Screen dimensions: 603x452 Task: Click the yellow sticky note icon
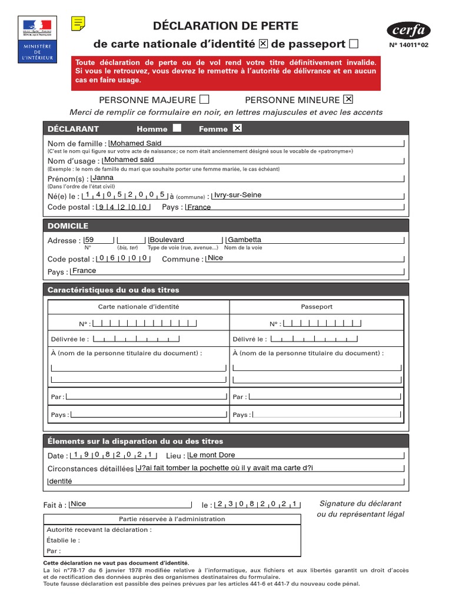click(78, 24)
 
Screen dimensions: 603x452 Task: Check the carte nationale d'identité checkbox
click(264, 44)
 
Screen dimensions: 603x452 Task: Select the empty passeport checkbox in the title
click(354, 44)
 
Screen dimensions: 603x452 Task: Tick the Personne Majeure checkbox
click(204, 99)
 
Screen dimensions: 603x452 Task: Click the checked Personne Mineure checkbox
click(348, 99)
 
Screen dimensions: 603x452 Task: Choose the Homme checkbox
click(177, 128)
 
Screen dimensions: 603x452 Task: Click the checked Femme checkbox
click(237, 128)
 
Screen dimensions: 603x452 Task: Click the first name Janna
click(103, 178)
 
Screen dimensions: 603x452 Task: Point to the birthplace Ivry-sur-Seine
click(238, 195)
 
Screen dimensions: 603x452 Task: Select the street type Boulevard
click(167, 240)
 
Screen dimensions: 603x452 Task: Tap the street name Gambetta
click(244, 240)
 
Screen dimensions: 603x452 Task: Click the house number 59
click(89, 240)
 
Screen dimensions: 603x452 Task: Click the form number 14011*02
click(410, 45)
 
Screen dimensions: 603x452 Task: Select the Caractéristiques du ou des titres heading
click(114, 290)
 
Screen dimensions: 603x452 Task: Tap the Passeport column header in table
click(317, 307)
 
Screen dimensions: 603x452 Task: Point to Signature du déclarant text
click(360, 503)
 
